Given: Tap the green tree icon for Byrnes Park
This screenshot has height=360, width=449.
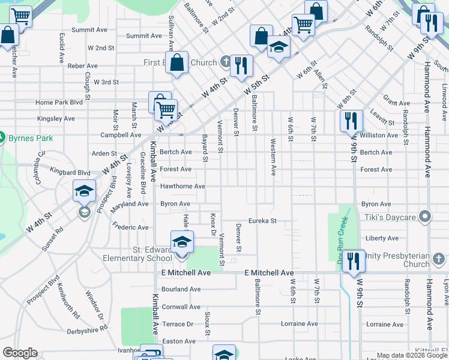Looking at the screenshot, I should [2, 137].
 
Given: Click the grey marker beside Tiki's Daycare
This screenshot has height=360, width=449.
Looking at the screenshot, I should [426, 215].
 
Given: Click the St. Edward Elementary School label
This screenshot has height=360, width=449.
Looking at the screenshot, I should [139, 254].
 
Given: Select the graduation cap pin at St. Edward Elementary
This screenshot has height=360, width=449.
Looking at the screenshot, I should [182, 242].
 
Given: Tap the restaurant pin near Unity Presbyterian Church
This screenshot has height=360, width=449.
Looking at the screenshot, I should [353, 260].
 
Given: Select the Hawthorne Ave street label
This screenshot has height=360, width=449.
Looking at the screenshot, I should [182, 187].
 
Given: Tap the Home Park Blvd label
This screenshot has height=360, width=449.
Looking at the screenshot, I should [59, 103].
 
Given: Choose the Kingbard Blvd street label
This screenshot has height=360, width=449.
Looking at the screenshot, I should [70, 172].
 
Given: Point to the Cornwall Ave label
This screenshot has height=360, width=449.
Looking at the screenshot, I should [181, 307].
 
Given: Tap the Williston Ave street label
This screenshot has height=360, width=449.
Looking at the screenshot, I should [379, 136].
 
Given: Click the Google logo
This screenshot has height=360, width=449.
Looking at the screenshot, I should [20, 353].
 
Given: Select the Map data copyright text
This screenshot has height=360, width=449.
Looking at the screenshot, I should [411, 355].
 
